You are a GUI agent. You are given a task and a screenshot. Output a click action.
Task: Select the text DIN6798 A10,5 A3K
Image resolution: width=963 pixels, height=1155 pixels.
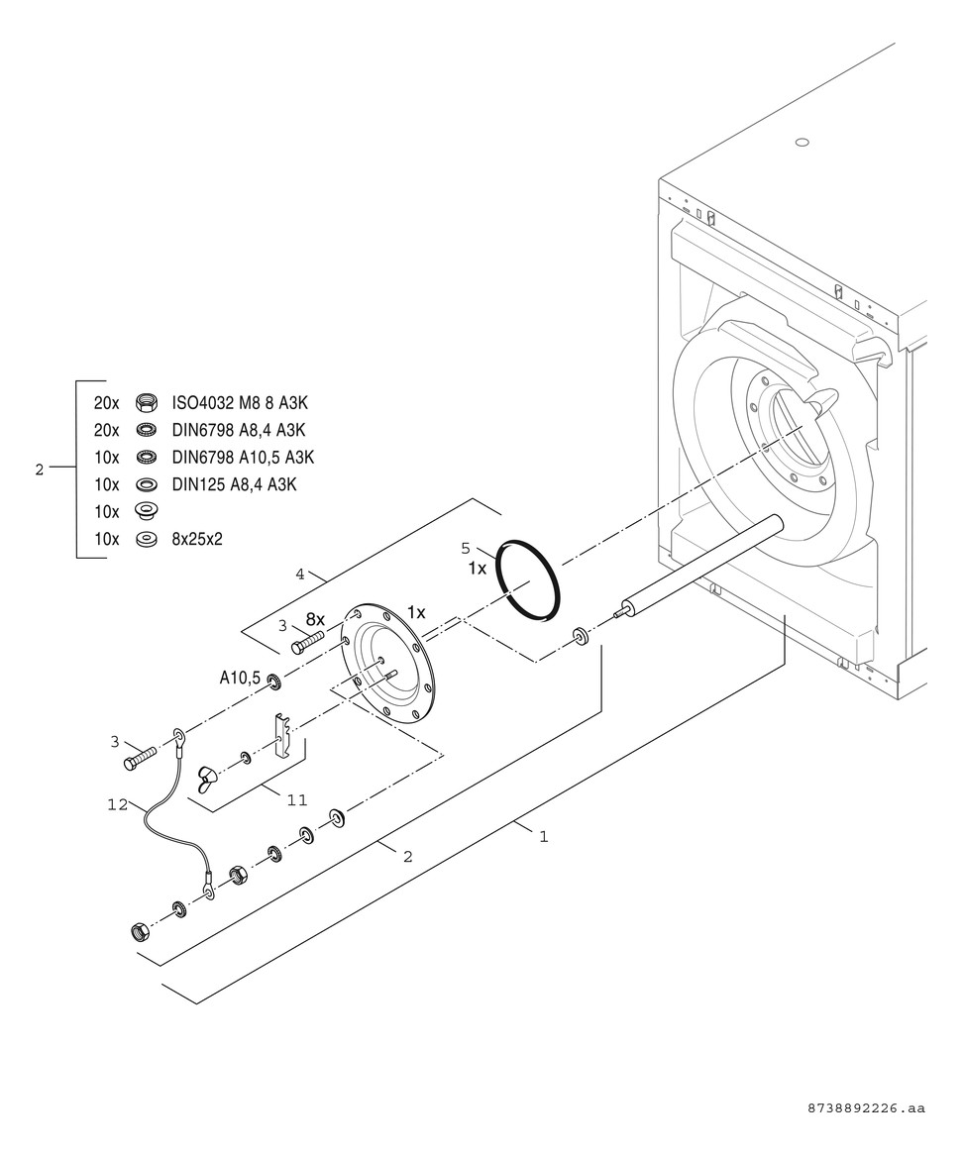click(243, 457)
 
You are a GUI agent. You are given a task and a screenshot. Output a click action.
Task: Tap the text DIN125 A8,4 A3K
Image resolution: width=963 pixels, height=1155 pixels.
click(235, 484)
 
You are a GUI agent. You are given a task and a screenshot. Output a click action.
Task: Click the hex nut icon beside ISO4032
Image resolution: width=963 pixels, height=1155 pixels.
click(144, 403)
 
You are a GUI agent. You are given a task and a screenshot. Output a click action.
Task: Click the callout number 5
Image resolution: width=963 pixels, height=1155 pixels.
click(465, 548)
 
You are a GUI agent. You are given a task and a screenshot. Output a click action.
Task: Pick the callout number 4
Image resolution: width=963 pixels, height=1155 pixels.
click(299, 574)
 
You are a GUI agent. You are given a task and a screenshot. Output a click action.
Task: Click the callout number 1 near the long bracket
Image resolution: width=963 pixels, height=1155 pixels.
click(543, 836)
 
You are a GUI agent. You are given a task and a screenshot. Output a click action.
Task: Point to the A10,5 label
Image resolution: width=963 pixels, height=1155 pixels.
click(240, 679)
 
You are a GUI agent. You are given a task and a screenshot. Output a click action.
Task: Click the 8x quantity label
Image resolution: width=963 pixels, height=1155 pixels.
click(315, 619)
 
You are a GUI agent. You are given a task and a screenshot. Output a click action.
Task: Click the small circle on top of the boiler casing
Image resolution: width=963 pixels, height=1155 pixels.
click(802, 142)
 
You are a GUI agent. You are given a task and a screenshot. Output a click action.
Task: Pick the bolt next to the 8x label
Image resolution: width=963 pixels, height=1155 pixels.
click(308, 642)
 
